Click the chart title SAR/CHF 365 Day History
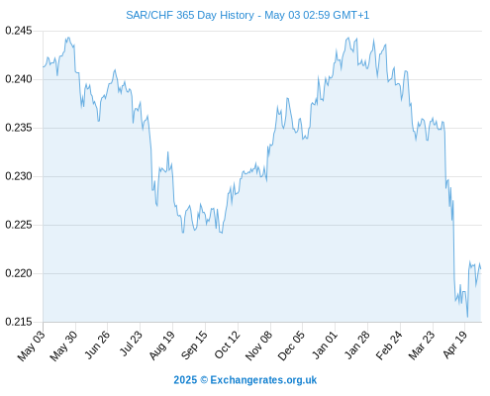pyautogui.click(x=190, y=15)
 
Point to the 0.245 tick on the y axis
pyautogui.click(x=19, y=31)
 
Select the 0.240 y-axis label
pyautogui.click(x=19, y=79)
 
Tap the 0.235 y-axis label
pyautogui.click(x=19, y=128)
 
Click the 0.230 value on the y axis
pyautogui.click(x=19, y=176)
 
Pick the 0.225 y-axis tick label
pyautogui.click(x=19, y=225)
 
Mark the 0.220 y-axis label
pyautogui.click(x=19, y=273)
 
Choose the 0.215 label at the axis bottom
pyautogui.click(x=19, y=322)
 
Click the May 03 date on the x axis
pyautogui.click(x=31, y=346)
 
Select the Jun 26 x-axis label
pyautogui.click(x=97, y=345)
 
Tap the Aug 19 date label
pyautogui.click(x=161, y=345)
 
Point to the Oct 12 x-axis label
pyautogui.click(x=227, y=345)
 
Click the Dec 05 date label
pyautogui.click(x=291, y=346)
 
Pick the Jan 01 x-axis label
pyautogui.click(x=325, y=345)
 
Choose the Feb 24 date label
pyautogui.click(x=389, y=345)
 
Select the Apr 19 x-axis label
pyautogui.click(x=455, y=345)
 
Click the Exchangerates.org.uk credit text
pyautogui.click(x=263, y=380)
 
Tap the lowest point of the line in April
pyautogui.click(x=467, y=317)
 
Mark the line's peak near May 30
pyautogui.click(x=68, y=38)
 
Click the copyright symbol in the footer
pyautogui.click(x=204, y=380)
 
